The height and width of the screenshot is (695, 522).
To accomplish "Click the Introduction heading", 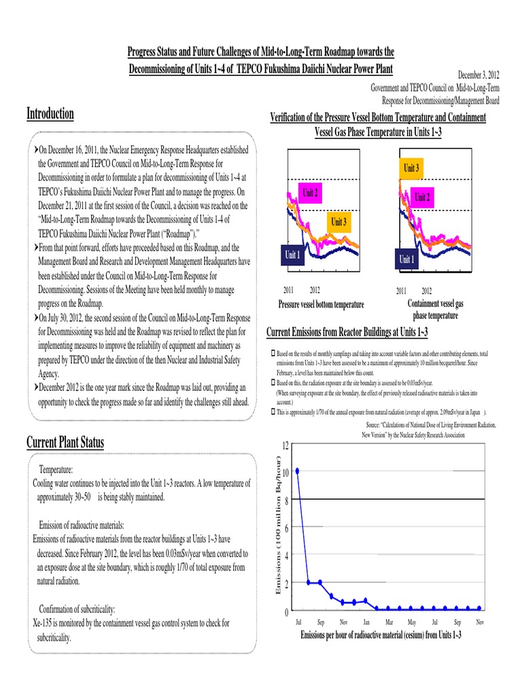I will pos(50,113).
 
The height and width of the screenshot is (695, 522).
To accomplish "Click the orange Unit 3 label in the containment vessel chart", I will pos(412,167).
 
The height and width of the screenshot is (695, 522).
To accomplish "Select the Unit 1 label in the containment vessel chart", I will pos(406,259).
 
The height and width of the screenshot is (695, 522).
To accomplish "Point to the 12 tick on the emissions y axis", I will pos(285,445).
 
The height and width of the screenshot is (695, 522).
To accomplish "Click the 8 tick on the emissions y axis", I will pos(286,500).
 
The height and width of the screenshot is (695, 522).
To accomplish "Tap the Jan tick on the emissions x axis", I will pos(366,622).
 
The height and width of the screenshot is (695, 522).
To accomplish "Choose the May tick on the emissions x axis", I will pos(412,622).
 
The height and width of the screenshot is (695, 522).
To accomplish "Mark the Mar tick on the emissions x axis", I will pos(389,622).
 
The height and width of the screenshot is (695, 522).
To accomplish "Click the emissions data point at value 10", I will pos(297,470).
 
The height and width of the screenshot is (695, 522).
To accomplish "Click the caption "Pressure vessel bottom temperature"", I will pos(321,304).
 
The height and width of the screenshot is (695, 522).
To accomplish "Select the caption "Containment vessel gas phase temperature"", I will pos(435,309).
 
